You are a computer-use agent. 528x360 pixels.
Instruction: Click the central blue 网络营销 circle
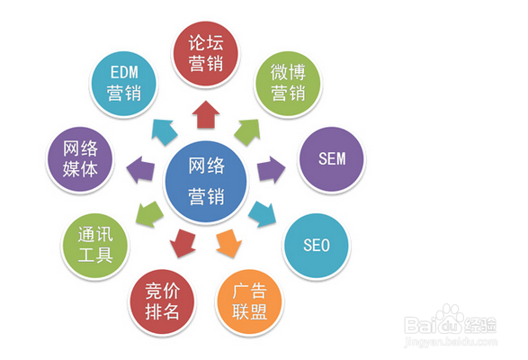[206, 181]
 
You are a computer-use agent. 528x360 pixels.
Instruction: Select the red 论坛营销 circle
[206, 53]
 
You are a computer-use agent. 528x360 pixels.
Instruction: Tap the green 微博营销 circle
[288, 84]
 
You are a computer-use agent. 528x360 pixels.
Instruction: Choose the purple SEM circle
[332, 158]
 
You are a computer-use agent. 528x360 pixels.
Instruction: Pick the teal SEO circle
[317, 246]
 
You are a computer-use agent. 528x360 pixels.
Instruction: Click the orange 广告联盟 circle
[249, 301]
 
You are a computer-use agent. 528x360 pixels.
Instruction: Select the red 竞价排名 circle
[162, 301]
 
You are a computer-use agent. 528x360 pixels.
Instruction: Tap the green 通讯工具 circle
[95, 246]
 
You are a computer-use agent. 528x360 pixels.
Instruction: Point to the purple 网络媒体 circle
[80, 158]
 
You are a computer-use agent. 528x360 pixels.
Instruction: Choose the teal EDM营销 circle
[124, 84]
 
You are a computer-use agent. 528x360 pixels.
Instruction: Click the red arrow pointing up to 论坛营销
[206, 114]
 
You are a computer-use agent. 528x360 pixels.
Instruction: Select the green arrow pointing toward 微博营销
[248, 131]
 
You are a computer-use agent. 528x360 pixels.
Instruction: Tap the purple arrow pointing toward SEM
[271, 169]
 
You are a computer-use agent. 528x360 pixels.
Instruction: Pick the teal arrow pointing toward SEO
[263, 213]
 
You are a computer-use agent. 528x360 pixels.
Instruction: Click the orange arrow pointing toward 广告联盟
[229, 243]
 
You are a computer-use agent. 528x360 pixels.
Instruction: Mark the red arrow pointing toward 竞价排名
[183, 243]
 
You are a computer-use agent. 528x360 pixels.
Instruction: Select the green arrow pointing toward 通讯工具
[149, 213]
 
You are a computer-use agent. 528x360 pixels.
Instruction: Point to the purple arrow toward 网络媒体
[140, 169]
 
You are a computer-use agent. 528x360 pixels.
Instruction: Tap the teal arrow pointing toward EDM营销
[164, 131]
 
